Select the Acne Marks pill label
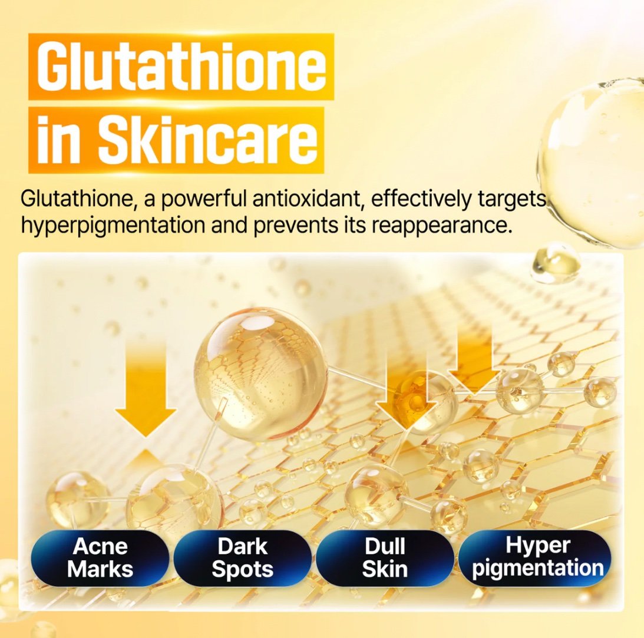pyautogui.click(x=100, y=557)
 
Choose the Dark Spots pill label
pyautogui.click(x=242, y=557)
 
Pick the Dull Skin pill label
pyautogui.click(x=385, y=557)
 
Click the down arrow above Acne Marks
pyautogui.click(x=146, y=389)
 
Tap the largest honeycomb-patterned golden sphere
pyautogui.click(x=261, y=374)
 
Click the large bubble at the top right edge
pyautogui.click(x=592, y=164)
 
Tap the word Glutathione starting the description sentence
pyautogui.click(x=76, y=199)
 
